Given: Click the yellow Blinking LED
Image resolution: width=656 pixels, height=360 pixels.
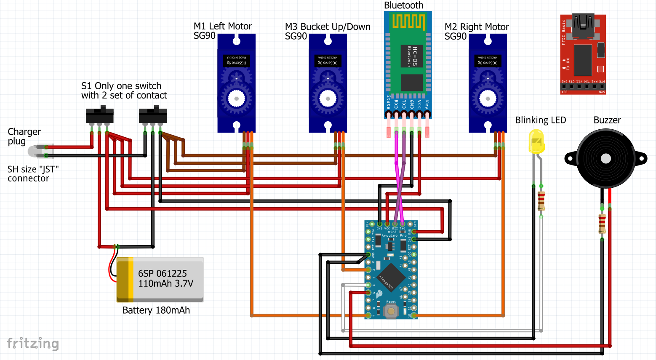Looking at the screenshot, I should [x=536, y=141].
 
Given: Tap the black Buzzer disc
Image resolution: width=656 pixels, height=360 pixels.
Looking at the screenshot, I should [x=605, y=159].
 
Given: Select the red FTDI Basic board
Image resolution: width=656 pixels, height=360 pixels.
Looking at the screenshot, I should [x=583, y=55].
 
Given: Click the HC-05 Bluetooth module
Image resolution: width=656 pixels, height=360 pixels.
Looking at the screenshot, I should [x=408, y=63].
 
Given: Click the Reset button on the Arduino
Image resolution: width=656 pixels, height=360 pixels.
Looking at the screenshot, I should [x=391, y=311].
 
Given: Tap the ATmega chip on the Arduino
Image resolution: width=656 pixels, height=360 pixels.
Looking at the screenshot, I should [x=391, y=277].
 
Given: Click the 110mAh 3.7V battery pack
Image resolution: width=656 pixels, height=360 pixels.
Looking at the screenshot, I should [x=160, y=280].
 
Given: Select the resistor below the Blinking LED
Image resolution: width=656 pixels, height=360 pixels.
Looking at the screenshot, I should [x=541, y=201].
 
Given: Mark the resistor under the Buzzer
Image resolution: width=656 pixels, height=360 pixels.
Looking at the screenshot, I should [x=602, y=224].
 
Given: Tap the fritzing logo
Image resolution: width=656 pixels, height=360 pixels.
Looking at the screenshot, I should [x=33, y=343].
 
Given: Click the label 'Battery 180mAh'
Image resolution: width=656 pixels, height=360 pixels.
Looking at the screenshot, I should [x=156, y=310].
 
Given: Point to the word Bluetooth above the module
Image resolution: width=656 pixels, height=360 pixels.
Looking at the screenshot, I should [x=403, y=5].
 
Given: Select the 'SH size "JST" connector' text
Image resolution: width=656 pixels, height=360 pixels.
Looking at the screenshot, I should [x=33, y=174].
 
